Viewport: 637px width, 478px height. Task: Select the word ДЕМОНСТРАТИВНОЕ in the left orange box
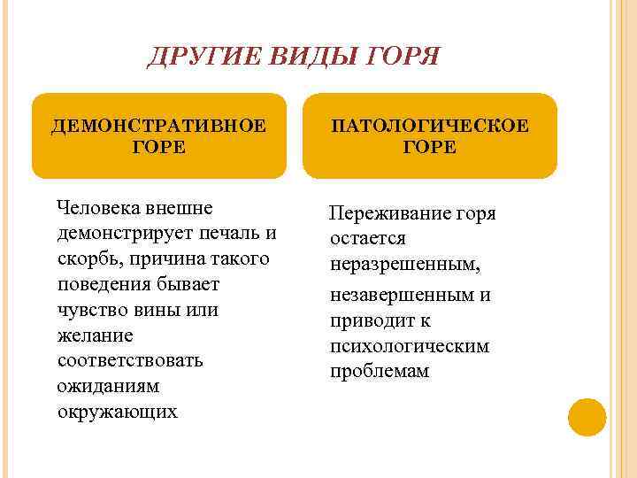[158, 125]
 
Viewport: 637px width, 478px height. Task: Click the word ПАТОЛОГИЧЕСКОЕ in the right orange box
[430, 125]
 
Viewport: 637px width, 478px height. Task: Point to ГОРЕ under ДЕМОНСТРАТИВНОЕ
[158, 147]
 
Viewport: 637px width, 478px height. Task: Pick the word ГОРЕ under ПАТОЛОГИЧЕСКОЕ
[430, 147]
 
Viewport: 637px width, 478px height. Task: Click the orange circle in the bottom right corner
[587, 417]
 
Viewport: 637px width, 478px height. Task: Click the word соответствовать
[129, 361]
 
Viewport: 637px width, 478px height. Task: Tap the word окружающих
[117, 412]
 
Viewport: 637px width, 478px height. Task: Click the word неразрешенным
[405, 265]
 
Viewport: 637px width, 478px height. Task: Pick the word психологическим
[410, 345]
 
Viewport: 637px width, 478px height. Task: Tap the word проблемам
[380, 371]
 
